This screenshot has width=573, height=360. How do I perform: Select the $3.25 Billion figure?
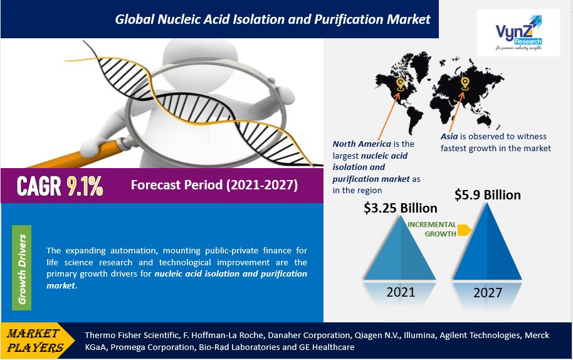pyautogui.click(x=401, y=208)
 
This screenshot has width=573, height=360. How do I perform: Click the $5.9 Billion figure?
pyautogui.click(x=488, y=195)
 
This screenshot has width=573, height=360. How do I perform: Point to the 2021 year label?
pyautogui.click(x=400, y=292)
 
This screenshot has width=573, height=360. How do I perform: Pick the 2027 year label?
pyautogui.click(x=487, y=292)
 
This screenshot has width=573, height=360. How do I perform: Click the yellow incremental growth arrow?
pyautogui.click(x=464, y=230)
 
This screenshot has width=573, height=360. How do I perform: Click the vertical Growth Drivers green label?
pyautogui.click(x=22, y=268)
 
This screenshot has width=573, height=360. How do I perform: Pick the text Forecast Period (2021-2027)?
pyautogui.click(x=214, y=186)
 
